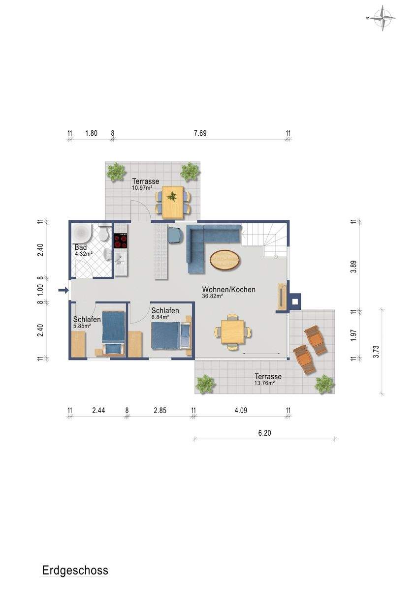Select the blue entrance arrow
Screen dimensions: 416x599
[x=63, y=290]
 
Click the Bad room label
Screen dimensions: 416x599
[x=81, y=247]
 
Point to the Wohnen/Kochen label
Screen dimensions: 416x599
[x=228, y=289]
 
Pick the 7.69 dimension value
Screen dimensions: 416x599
[x=200, y=133]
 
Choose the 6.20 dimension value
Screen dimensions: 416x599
[x=264, y=433]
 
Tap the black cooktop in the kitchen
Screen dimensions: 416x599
[x=121, y=240]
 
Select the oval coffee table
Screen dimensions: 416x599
[x=225, y=259]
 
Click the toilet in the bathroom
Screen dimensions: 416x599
[x=103, y=233]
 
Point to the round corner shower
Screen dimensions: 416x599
[x=82, y=234]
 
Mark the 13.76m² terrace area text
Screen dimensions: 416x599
[x=265, y=383]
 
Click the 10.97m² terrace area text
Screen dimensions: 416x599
[x=142, y=187]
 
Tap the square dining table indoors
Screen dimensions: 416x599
[x=232, y=331]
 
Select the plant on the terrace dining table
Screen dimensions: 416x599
[x=172, y=197]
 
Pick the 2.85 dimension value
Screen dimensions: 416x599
[x=160, y=410]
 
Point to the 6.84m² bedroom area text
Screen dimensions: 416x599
[x=160, y=317]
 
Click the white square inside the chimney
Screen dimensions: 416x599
[x=295, y=301]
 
